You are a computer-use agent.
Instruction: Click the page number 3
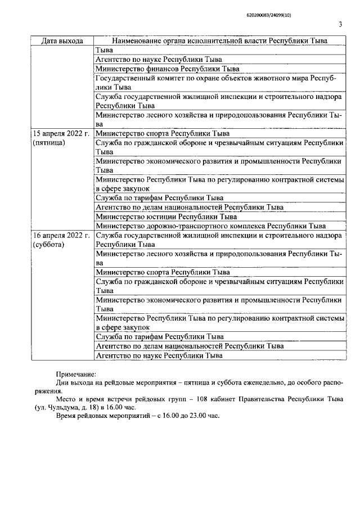click(x=340, y=24)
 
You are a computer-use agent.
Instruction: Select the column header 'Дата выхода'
click(x=62, y=41)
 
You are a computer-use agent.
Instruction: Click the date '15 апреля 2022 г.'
click(x=61, y=134)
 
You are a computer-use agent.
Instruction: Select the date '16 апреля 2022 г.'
click(x=61, y=235)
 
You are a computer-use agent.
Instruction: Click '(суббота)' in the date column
click(x=49, y=245)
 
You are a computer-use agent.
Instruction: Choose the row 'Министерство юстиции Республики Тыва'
click(x=166, y=216)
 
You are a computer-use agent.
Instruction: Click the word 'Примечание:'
click(x=76, y=374)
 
